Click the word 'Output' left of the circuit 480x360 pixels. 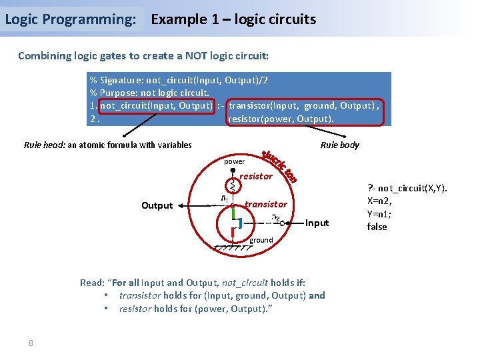[157, 205]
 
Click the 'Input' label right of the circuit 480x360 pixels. [317, 223]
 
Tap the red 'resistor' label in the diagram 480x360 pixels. [256, 177]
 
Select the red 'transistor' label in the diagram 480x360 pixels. [266, 204]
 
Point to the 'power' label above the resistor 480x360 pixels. [234, 161]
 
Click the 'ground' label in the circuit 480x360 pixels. [261, 240]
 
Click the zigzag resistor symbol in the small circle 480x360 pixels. [233, 185]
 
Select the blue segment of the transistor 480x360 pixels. [239, 223]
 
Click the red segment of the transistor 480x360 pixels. [233, 234]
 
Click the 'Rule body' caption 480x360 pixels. [339, 145]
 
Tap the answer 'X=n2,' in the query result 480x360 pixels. [380, 200]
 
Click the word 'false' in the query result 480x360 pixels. [377, 227]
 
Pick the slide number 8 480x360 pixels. [31, 343]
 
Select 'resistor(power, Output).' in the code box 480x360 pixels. [281, 119]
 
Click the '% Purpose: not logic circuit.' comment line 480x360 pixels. [150, 93]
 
